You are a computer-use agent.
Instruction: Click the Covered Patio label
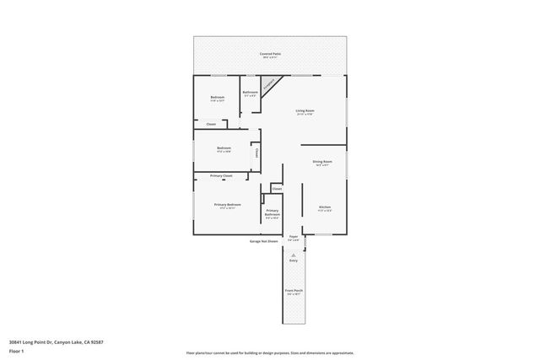tap(270, 53)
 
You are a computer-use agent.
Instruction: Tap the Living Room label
tap(305, 110)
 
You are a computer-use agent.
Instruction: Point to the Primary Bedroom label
tap(227, 205)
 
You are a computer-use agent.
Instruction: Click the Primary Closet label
tap(221, 175)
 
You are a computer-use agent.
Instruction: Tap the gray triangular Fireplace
tap(268, 84)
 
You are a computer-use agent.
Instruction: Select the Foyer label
tap(294, 237)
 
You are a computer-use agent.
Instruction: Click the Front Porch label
tap(294, 292)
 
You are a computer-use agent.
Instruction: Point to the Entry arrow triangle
tap(294, 254)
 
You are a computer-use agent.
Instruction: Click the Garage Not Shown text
tap(263, 241)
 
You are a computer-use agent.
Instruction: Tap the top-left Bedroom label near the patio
tap(218, 98)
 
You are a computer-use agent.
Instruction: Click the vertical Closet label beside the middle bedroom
tap(256, 153)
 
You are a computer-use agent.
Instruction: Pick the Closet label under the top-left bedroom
tap(211, 124)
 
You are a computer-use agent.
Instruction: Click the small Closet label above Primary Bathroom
tap(277, 189)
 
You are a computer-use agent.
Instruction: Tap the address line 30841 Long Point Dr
tap(56, 341)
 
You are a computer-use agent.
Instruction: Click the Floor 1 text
tap(16, 352)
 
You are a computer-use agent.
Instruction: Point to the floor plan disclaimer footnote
tap(270, 352)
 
